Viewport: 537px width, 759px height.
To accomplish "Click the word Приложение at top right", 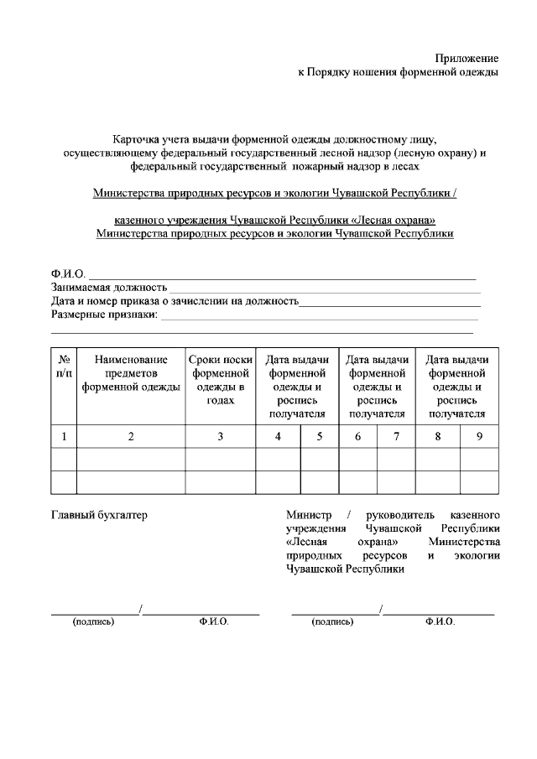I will click(x=467, y=58).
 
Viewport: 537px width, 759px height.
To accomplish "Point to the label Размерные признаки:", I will click(x=104, y=315).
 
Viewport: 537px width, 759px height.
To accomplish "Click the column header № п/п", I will click(x=64, y=366).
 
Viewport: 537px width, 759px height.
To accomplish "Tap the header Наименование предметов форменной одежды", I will click(x=131, y=373).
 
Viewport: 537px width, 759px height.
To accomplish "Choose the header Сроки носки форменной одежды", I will click(x=220, y=380).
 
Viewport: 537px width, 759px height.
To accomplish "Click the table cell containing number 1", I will click(x=64, y=435).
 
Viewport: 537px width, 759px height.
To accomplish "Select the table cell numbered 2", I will click(x=131, y=435).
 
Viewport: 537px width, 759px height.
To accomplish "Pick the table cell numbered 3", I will click(x=220, y=435).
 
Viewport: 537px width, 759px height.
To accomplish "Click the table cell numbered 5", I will click(x=319, y=435).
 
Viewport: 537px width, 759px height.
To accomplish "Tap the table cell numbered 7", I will click(x=395, y=435).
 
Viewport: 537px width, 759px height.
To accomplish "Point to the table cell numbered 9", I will click(x=479, y=435).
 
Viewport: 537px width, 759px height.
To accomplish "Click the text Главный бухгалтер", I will click(x=99, y=514).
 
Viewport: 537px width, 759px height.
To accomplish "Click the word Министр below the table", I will click(x=310, y=514).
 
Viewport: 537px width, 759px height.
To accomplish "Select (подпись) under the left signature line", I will click(x=94, y=621).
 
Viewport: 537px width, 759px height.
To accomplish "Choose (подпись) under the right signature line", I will click(x=332, y=621).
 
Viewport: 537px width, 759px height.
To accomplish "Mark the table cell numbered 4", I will click(x=278, y=435).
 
